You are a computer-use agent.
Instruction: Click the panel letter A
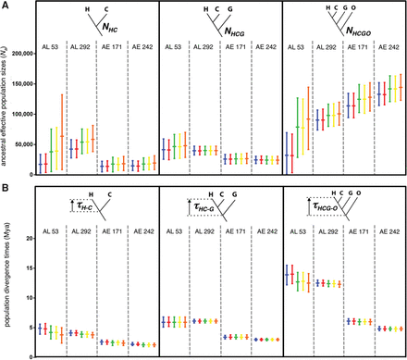tap(6, 6)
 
